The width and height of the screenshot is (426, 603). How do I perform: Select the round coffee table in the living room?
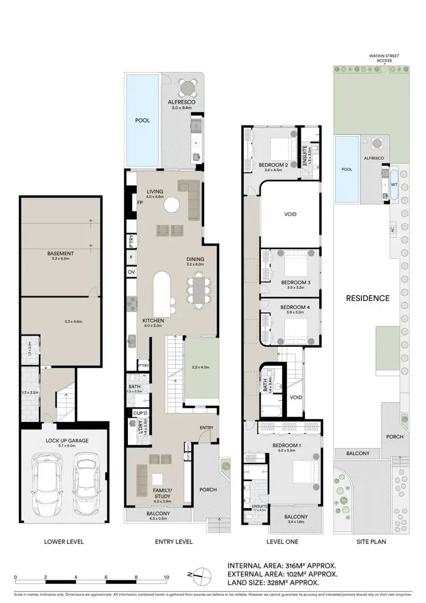tap(172, 205)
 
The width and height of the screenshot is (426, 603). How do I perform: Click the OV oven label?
tap(132, 273)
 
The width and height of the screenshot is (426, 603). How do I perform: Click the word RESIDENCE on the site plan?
tap(368, 298)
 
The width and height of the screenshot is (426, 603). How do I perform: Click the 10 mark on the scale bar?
tap(166, 577)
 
